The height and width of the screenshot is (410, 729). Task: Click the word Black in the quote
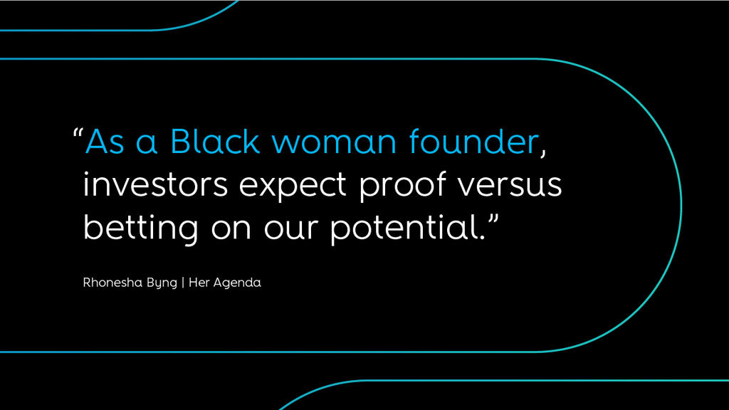tap(215, 141)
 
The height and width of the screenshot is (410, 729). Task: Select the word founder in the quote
tap(473, 141)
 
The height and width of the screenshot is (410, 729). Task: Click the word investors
tap(155, 184)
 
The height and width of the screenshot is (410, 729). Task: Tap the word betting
tap(141, 228)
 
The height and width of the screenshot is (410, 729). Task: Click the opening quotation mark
tap(78, 132)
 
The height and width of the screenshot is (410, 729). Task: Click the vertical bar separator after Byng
tap(183, 283)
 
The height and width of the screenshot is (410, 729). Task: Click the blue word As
tap(105, 142)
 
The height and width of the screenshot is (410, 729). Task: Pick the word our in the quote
tap(291, 229)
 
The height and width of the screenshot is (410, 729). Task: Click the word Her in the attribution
tap(199, 283)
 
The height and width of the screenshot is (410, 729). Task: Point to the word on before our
tap(231, 229)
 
